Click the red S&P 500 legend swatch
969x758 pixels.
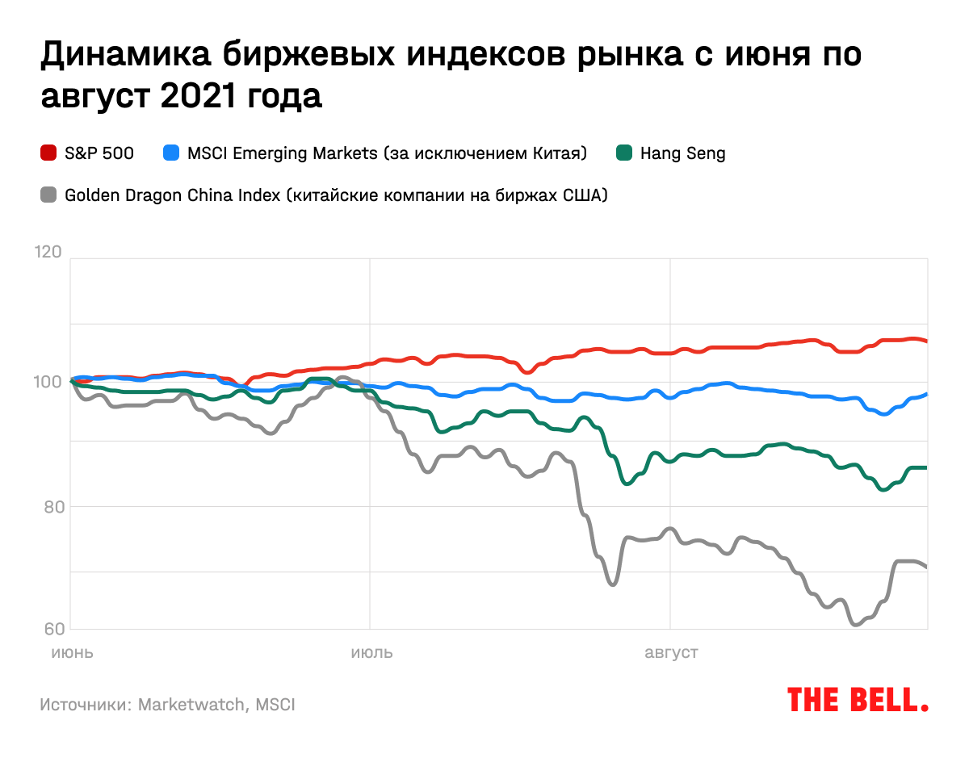(48, 153)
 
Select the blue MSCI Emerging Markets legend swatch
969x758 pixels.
(170, 153)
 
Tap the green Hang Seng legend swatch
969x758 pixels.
(623, 153)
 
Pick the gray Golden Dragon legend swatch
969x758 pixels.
(48, 195)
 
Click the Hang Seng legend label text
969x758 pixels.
(682, 153)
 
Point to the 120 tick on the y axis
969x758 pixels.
(48, 252)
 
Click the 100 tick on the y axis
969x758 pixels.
(48, 381)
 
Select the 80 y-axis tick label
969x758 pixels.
(51, 507)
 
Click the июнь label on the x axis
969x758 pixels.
(72, 652)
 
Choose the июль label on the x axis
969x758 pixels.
(371, 652)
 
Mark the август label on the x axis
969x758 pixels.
(670, 652)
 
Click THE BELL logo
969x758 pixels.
(857, 699)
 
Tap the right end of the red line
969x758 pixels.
(926, 341)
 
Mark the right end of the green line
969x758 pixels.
(926, 467)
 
